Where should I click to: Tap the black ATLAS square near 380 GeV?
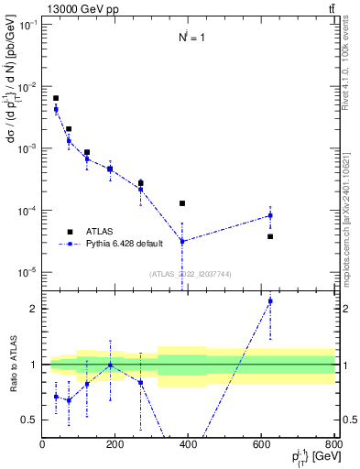click(182, 203)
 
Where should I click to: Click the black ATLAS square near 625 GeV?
click(270, 236)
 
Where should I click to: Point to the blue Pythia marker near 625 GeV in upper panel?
click(270, 215)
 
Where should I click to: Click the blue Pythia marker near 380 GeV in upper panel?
click(182, 241)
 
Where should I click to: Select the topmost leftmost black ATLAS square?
click(56, 98)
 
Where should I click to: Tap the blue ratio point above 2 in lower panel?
click(270, 300)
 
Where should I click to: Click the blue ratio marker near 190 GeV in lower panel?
click(110, 365)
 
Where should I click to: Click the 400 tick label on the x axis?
click(189, 444)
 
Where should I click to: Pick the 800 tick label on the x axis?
click(334, 444)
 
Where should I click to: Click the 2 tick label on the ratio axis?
click(34, 309)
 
